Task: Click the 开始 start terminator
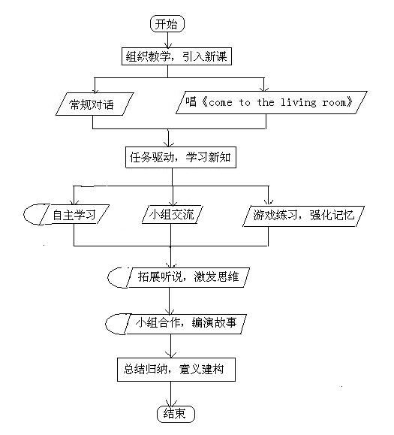point(167,24)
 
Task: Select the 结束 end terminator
point(176,414)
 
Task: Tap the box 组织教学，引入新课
point(176,56)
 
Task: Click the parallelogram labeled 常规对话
point(95,104)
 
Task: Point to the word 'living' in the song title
point(298,103)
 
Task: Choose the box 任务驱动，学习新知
point(181,157)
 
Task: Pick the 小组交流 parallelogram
point(172,214)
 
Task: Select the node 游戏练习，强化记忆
point(303,216)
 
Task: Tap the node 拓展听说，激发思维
point(188,277)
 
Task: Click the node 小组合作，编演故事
point(185,324)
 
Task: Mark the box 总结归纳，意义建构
point(176,370)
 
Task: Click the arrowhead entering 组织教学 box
point(168,45)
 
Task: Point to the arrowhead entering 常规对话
point(95,90)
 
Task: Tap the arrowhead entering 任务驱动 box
point(169,143)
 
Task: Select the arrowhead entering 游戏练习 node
point(268,201)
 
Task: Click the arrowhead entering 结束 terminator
point(171,403)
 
